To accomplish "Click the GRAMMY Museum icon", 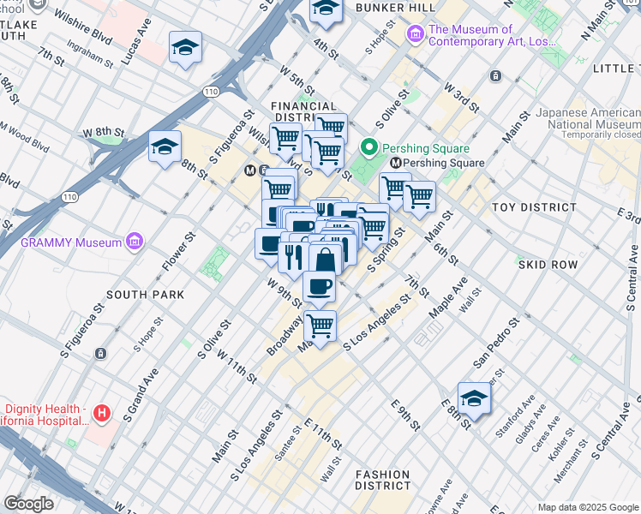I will [x=135, y=242].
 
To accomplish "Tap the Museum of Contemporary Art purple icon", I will [x=416, y=34].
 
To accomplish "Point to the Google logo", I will [x=28, y=504].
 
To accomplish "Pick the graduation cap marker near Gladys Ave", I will [x=474, y=398].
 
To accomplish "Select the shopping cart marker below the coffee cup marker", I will [x=320, y=326].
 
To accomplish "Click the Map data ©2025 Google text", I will [x=588, y=507].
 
